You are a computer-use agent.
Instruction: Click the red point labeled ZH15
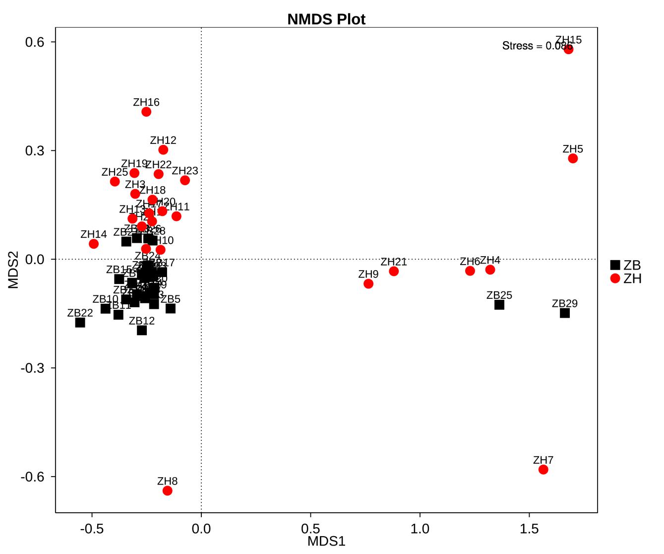[x=568, y=49]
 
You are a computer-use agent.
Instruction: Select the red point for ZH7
[x=543, y=469]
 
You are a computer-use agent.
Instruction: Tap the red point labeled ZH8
[x=167, y=490]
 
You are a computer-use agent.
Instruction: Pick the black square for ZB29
[x=565, y=313]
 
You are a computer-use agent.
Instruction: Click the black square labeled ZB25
[x=499, y=305]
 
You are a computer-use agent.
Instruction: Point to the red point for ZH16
[x=146, y=112]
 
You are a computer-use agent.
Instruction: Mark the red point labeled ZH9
[x=368, y=283]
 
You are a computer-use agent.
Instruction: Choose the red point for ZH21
[x=394, y=271]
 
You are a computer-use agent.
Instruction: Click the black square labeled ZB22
[x=80, y=323]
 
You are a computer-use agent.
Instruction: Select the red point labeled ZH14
[x=94, y=244]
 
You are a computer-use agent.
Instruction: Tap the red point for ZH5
[x=573, y=158]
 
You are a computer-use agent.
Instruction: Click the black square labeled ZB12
[x=142, y=330]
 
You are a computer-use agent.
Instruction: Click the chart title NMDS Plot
[x=326, y=19]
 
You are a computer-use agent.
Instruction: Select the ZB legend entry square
[x=615, y=265]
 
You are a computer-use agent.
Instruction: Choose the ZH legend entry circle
[x=615, y=278]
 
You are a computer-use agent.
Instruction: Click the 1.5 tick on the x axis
[x=530, y=529]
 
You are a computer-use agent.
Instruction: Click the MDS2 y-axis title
[x=13, y=270]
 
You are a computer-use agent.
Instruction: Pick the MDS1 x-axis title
[x=326, y=541]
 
